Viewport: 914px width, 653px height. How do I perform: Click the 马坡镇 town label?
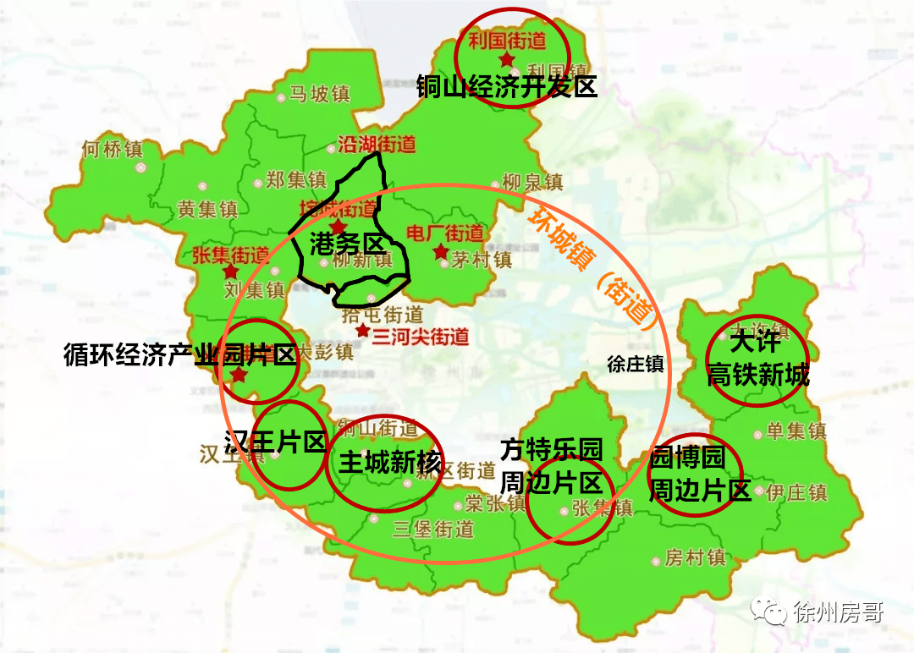(319, 93)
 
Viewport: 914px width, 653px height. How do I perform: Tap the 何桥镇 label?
(113, 150)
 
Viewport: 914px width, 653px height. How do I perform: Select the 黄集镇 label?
(208, 209)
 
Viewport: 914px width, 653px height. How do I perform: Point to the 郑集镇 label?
(295, 179)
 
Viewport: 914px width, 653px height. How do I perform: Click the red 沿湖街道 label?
(377, 144)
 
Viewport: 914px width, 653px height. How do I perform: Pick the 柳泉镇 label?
(531, 182)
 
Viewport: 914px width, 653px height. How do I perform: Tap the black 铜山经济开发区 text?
(507, 86)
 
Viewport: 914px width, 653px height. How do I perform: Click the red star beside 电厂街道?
(440, 252)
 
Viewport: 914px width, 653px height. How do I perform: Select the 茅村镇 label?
(481, 259)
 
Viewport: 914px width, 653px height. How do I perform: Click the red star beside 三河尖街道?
(362, 330)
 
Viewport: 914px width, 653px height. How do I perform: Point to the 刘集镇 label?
(254, 290)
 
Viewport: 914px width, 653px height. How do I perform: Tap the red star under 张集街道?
(230, 272)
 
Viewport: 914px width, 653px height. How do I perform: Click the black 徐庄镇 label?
(636, 365)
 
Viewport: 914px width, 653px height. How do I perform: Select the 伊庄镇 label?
(796, 491)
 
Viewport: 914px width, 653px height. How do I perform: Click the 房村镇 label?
(695, 558)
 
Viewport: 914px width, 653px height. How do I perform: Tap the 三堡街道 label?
(433, 530)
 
